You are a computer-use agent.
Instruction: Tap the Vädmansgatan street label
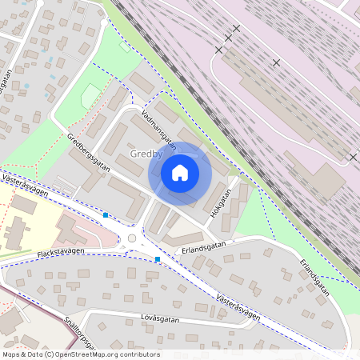158,127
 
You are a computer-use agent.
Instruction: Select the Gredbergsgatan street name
89,153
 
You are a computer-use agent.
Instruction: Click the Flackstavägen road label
60,254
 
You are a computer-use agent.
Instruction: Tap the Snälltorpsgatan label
82,335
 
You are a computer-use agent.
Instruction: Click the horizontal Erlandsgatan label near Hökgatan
204,246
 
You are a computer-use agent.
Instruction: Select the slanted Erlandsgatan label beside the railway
314,277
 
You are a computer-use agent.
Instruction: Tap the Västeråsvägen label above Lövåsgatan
238,305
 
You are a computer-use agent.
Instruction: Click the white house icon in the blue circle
180,173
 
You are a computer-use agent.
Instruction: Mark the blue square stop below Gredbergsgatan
106,214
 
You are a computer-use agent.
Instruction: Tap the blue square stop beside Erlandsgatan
158,259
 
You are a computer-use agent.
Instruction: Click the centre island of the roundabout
131,238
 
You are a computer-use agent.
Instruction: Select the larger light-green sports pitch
91,97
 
